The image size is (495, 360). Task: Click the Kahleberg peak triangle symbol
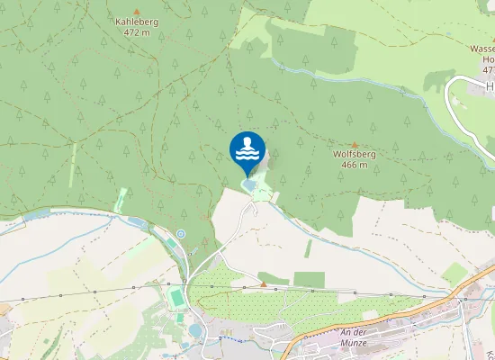click(x=137, y=10)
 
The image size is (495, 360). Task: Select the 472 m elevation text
click(x=137, y=32)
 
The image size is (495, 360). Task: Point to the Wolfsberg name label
click(x=353, y=154)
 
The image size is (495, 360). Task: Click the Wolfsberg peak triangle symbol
click(x=354, y=144)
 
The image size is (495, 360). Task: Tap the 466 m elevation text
click(x=354, y=165)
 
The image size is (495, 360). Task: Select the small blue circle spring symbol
click(x=181, y=234)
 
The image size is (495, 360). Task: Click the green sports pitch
click(x=176, y=295)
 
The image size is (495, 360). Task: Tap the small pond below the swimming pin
click(x=247, y=184)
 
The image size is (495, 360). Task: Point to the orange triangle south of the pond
click(x=264, y=284)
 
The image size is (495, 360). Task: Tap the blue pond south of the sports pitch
click(x=195, y=330)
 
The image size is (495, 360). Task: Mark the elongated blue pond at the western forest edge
click(x=134, y=221)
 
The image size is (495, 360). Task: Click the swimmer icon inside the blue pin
click(x=247, y=147)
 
